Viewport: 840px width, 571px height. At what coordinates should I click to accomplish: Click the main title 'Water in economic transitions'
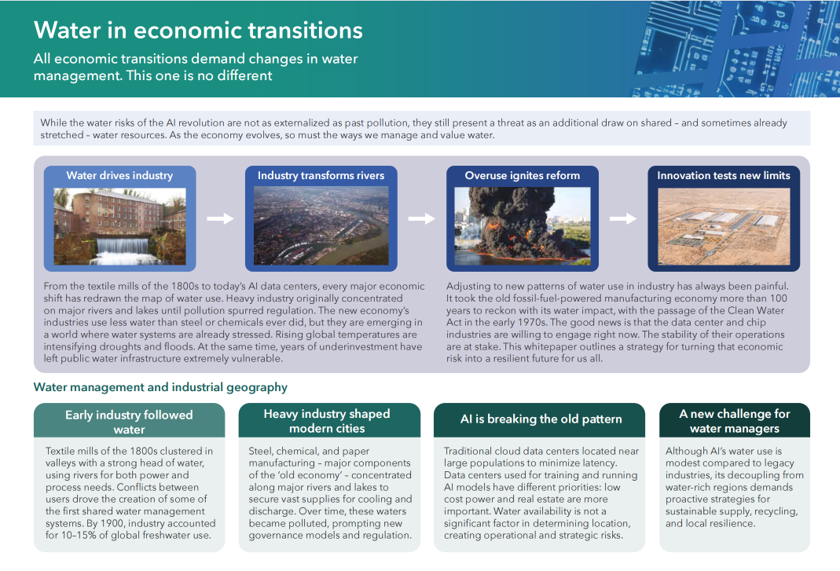pyautogui.click(x=198, y=30)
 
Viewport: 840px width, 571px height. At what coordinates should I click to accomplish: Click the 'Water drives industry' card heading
pyautogui.click(x=119, y=176)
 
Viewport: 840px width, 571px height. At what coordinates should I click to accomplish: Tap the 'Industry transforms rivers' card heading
pyautogui.click(x=321, y=176)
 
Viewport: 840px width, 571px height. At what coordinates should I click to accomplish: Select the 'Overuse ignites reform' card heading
pyautogui.click(x=523, y=176)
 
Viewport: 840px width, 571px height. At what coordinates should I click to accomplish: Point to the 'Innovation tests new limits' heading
pyautogui.click(x=724, y=176)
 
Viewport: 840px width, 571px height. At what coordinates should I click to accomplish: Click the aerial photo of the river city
pyautogui.click(x=321, y=225)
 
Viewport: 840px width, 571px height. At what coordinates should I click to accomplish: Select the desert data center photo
pyautogui.click(x=724, y=226)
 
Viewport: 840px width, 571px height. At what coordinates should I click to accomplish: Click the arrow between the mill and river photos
pyautogui.click(x=220, y=218)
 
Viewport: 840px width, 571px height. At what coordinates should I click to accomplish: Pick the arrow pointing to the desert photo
pyautogui.click(x=623, y=218)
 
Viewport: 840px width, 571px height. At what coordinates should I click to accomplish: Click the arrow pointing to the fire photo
pyautogui.click(x=422, y=218)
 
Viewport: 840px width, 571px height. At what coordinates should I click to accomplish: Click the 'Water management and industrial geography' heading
pyautogui.click(x=160, y=387)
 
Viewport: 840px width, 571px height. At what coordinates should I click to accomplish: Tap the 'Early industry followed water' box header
pyautogui.click(x=129, y=422)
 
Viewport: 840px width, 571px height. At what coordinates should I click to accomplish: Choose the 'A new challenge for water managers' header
pyautogui.click(x=735, y=421)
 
